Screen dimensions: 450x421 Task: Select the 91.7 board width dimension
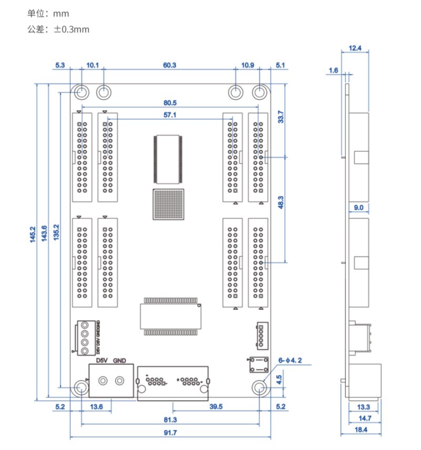point(170,433)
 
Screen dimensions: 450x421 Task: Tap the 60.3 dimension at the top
point(169,66)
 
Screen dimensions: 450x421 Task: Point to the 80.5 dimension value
point(169,103)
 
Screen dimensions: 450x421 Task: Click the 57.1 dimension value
point(169,115)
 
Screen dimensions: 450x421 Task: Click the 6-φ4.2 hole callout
point(290,361)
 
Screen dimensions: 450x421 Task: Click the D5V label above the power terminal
point(104,361)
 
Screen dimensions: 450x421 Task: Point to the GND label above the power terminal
point(120,361)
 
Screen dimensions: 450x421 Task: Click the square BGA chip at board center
point(169,204)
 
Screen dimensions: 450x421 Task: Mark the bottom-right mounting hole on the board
point(259,388)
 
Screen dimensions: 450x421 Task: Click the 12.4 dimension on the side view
point(355,48)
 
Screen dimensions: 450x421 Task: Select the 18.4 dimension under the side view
point(360,429)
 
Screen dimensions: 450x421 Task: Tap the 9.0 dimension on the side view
point(358,208)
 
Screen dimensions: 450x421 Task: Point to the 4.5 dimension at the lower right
point(279,376)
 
